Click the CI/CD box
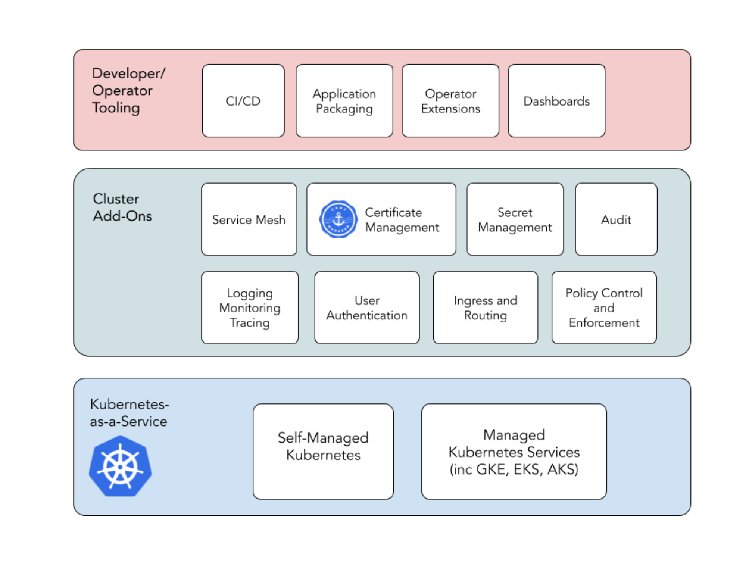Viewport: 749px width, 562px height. (x=243, y=101)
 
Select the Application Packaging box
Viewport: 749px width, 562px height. (x=344, y=101)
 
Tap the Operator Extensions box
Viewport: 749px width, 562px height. (x=450, y=101)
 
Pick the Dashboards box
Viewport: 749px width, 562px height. (x=556, y=101)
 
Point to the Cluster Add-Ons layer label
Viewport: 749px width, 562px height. (x=122, y=207)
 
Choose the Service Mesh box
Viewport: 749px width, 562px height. (x=248, y=220)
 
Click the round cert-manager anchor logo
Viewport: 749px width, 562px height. (x=338, y=220)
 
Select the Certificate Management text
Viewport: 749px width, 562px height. (x=402, y=220)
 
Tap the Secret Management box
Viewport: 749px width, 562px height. (x=515, y=220)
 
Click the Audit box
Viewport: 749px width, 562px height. (x=616, y=220)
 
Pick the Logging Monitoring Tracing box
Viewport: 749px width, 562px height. (x=250, y=308)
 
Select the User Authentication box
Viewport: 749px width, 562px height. (x=366, y=308)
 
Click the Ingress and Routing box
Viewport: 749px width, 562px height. (x=485, y=308)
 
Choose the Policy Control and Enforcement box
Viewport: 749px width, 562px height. (x=604, y=308)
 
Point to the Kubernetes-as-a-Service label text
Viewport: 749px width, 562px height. (x=129, y=412)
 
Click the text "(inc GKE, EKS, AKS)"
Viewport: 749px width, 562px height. (x=514, y=470)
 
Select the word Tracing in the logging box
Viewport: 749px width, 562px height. (x=250, y=323)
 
